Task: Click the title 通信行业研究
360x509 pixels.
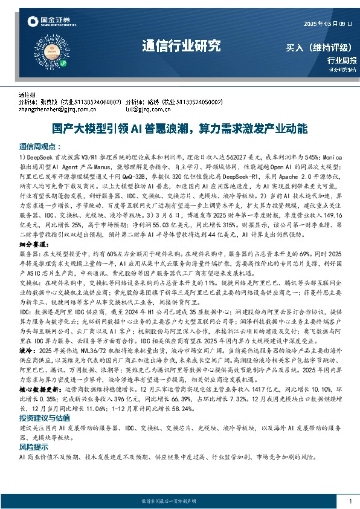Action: (x=181, y=46)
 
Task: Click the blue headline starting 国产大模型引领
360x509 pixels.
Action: (x=179, y=129)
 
